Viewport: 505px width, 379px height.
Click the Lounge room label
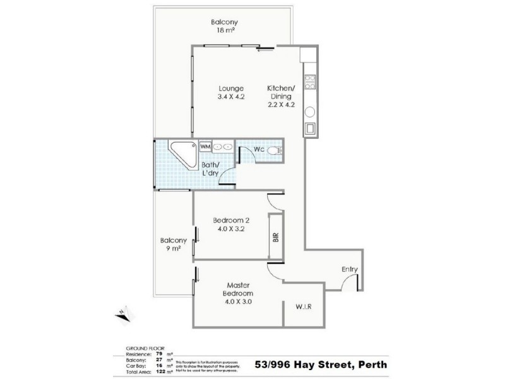tap(231, 92)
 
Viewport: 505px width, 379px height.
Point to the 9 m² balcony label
tap(173, 244)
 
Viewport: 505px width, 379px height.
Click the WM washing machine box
tap(205, 146)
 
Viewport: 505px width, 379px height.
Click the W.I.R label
tap(303, 307)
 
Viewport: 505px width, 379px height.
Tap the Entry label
tap(350, 270)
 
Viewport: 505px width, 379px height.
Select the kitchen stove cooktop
tap(310, 83)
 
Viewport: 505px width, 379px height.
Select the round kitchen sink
tap(310, 112)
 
